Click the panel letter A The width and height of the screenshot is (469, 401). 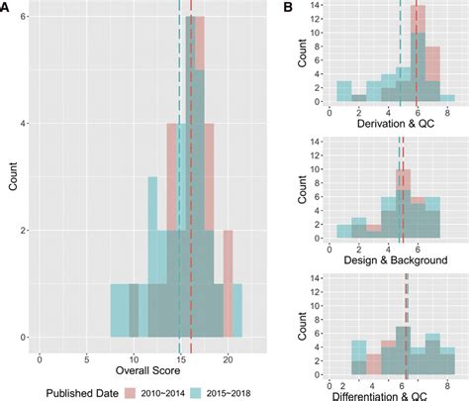pos(6,8)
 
